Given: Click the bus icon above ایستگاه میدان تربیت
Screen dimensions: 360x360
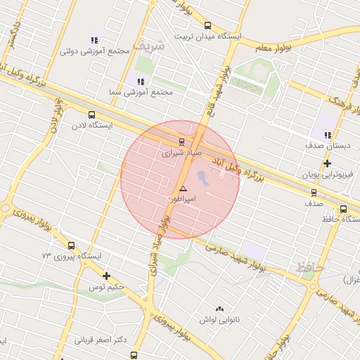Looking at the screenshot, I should pos(207,27).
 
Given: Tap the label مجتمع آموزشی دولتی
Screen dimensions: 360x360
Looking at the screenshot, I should pos(96,51).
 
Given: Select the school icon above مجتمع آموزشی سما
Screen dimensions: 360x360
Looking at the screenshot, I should pos(131,81).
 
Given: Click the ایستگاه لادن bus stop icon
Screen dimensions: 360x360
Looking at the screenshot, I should pos(91,115).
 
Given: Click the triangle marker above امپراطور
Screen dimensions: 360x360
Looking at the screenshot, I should pos(183,188).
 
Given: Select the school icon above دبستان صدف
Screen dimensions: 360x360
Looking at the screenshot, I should pos(327,135).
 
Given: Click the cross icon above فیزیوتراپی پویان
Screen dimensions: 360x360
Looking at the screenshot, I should pos(327,163).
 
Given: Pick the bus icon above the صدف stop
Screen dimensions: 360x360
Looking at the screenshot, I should pos(314,192).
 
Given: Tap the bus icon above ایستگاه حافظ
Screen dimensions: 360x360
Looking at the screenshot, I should pos(343,208).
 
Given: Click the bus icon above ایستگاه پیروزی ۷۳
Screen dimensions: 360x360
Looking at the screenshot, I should pos(71,245).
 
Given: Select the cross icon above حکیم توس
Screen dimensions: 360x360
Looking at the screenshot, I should pos(106,276).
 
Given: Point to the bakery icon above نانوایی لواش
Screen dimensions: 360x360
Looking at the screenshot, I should pos(220,309).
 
